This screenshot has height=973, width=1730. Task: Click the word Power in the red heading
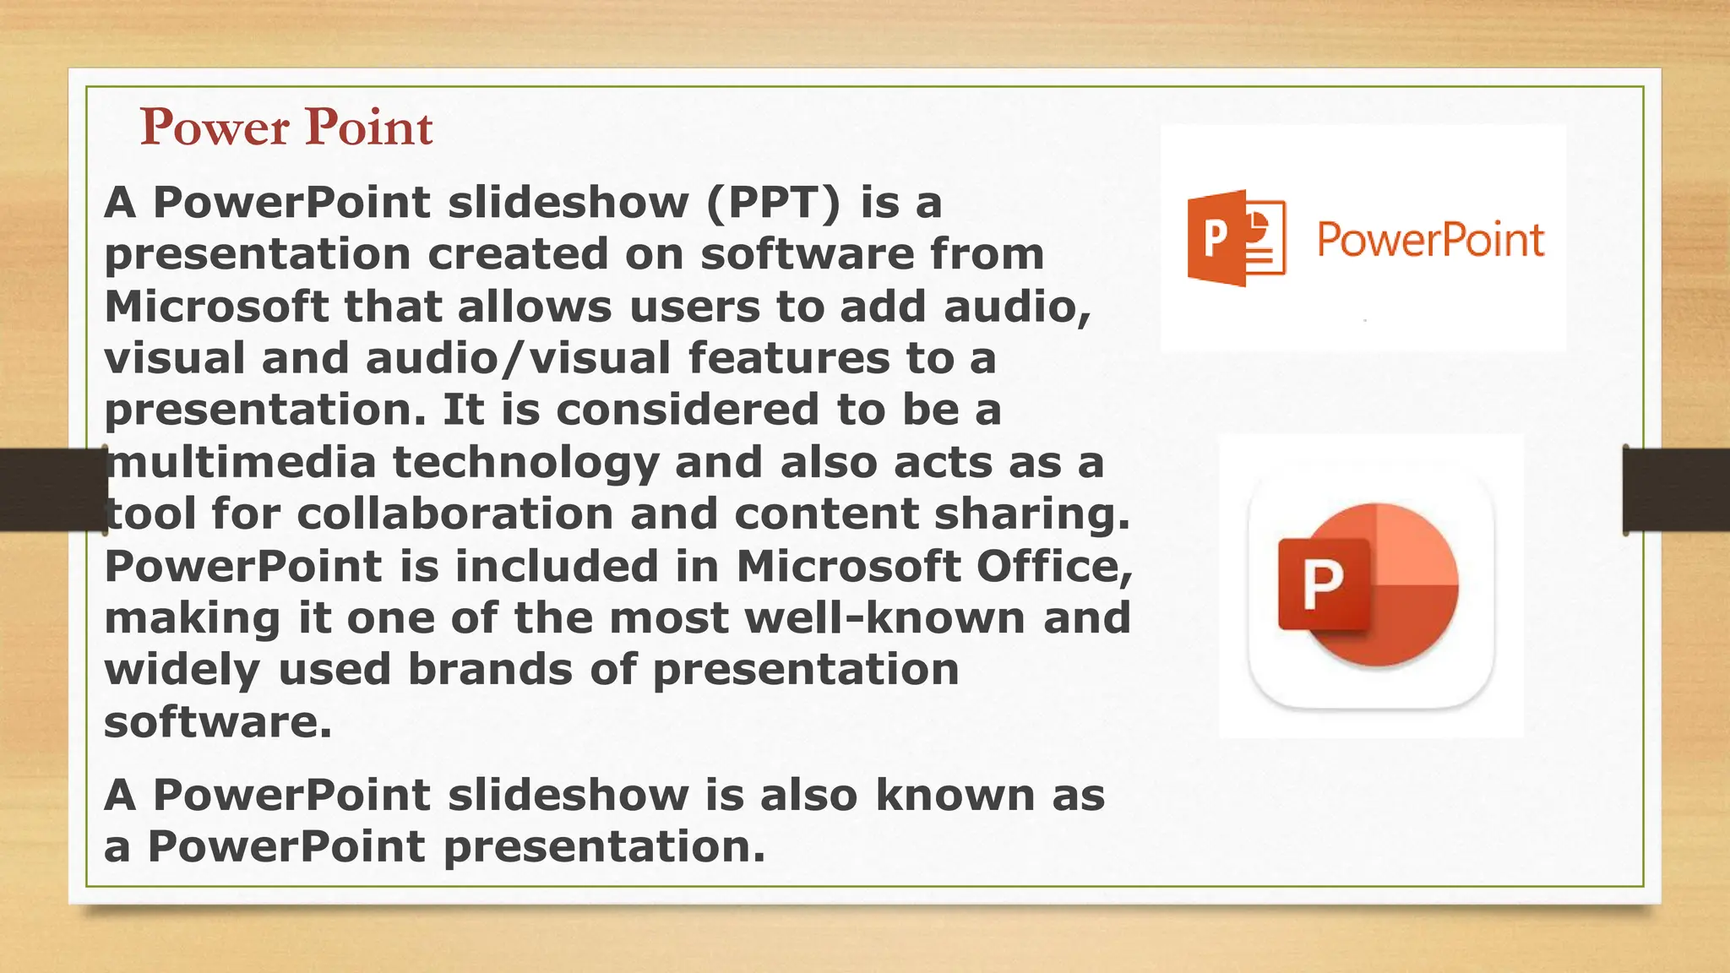215,128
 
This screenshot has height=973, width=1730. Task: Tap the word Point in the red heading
369,128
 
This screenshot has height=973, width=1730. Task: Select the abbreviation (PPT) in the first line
774,203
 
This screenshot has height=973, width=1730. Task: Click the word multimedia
242,462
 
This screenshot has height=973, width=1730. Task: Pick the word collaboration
455,514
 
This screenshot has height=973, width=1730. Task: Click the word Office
1054,566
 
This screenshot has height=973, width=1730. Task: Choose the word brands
490,669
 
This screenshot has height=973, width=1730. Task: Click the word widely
182,671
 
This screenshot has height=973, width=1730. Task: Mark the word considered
688,410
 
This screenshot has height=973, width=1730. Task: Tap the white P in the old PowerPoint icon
1215,238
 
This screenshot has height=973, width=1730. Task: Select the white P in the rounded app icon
1323,584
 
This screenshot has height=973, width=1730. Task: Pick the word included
557,566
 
